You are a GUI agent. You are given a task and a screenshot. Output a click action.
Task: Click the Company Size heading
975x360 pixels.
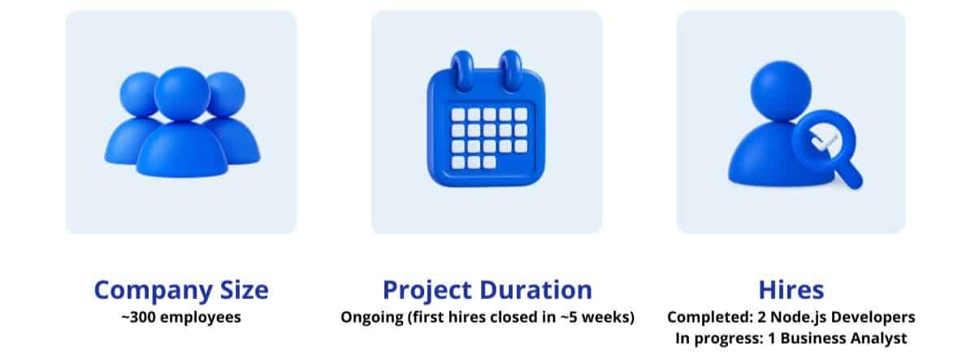[x=181, y=291]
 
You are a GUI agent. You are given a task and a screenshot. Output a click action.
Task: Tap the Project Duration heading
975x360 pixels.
[x=487, y=291]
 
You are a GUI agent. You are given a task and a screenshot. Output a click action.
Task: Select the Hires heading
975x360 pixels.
[x=791, y=290]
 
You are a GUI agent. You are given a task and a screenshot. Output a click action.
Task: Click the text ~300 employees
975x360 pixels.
[x=181, y=317]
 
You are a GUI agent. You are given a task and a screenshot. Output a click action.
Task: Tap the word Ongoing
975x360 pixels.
[x=372, y=318]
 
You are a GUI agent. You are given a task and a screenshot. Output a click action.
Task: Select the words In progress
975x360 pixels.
[x=719, y=338]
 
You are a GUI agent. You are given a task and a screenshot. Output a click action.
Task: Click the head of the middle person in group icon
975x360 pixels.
[x=182, y=93]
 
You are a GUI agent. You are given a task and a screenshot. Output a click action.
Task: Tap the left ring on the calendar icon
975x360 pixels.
[x=461, y=72]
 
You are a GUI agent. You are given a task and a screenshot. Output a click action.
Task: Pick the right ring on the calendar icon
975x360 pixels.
[x=511, y=72]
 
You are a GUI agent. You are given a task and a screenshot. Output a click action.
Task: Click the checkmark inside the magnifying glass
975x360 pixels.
[x=824, y=142]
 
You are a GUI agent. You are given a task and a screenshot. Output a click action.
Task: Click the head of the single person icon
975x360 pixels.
[x=781, y=91]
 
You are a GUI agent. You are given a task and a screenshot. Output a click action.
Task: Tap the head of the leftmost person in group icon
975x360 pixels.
[x=138, y=94]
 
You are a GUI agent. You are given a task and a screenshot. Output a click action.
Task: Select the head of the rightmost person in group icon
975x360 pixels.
[x=227, y=94]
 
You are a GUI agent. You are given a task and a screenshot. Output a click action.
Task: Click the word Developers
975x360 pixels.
[x=872, y=318]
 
